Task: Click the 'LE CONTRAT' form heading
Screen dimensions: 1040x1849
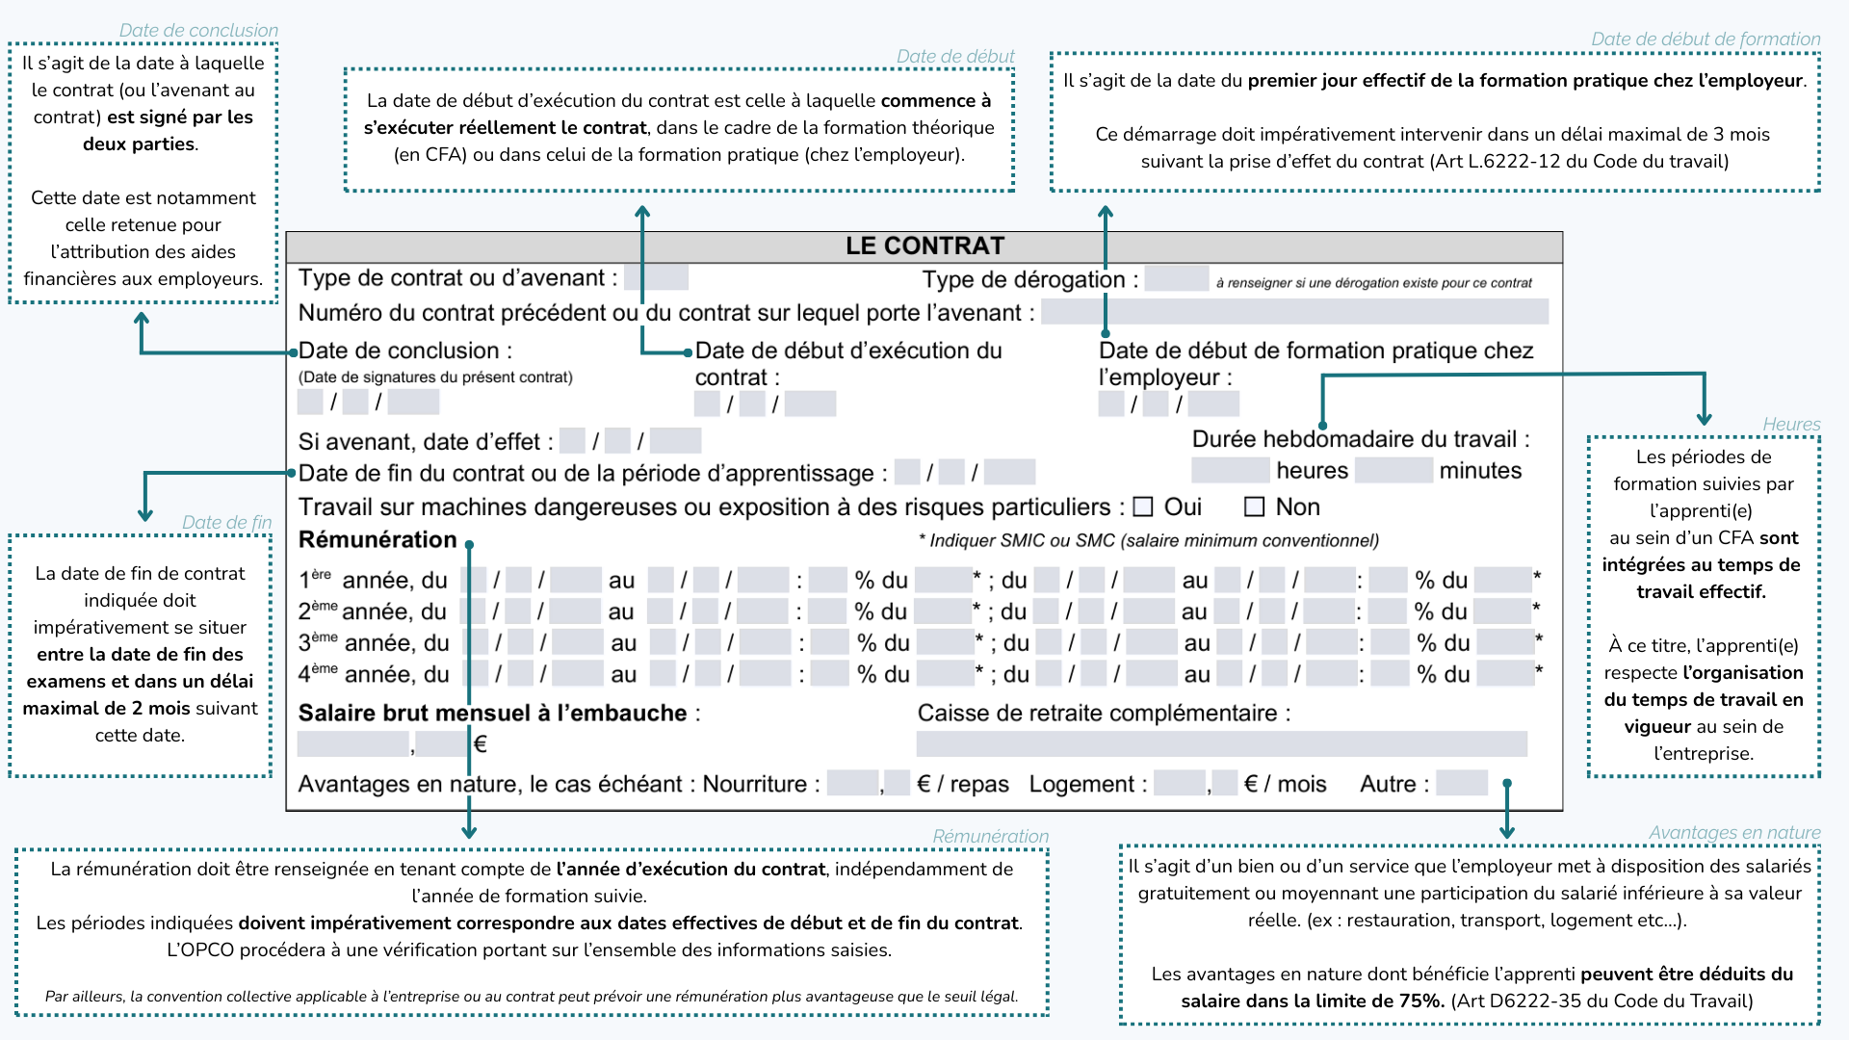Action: [x=924, y=247]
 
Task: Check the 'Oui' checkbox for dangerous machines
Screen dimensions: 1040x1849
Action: [x=1143, y=507]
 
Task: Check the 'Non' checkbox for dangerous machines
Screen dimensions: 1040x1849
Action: [x=1254, y=507]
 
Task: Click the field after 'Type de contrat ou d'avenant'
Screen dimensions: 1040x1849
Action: [x=656, y=277]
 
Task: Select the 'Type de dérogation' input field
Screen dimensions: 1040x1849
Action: [x=1176, y=278]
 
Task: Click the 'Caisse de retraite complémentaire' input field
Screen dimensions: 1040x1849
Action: [x=1221, y=743]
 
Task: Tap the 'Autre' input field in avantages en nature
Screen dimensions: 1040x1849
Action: [x=1462, y=783]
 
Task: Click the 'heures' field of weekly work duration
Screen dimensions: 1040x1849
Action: [x=1230, y=470]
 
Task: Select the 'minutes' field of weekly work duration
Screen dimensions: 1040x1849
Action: [x=1393, y=470]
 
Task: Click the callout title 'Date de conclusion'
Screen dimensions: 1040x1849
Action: [x=198, y=30]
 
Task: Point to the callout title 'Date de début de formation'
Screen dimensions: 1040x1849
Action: [x=1706, y=39]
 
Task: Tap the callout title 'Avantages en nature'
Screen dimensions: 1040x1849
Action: [x=1734, y=832]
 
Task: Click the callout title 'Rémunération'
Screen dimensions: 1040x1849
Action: [x=990, y=836]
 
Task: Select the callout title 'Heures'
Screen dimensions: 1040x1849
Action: [x=1791, y=424]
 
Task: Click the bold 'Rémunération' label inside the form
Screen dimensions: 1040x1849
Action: [x=378, y=539]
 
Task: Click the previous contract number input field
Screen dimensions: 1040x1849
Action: [x=1294, y=311]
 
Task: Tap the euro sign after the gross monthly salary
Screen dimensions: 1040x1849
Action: [x=481, y=743]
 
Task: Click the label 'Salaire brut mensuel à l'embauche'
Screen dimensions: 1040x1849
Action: [x=494, y=713]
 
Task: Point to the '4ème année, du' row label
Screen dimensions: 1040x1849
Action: [x=374, y=674]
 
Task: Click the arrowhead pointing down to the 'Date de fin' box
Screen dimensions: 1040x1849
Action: [x=145, y=513]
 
